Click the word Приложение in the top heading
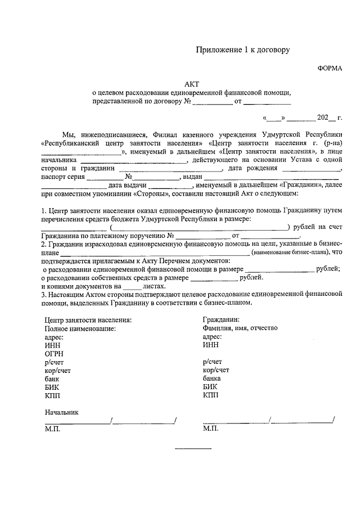coord(216,50)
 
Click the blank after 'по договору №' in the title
coord(213,103)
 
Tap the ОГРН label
coord(55,354)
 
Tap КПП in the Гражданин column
coord(210,396)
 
